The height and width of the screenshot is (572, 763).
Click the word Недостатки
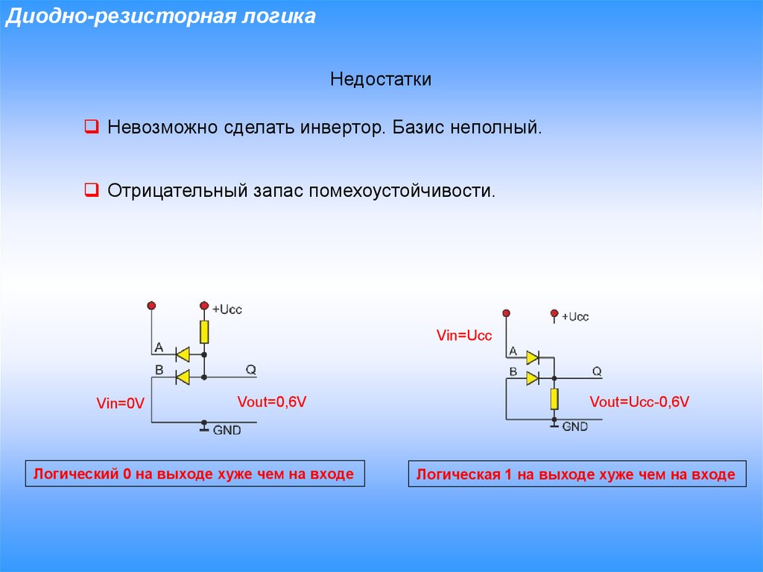[381, 79]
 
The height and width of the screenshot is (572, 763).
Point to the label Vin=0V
[119, 403]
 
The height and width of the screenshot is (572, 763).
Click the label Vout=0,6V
[272, 402]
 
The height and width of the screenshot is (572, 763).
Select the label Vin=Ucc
[464, 336]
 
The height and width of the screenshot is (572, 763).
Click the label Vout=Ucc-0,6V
[639, 402]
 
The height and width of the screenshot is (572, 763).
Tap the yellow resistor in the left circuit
[204, 331]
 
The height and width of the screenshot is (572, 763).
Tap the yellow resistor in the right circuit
[554, 399]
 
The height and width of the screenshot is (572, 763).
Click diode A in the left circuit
[181, 354]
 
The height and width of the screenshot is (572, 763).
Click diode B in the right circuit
[532, 378]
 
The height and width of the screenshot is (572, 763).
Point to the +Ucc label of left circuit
[227, 309]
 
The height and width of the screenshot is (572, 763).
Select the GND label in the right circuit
[574, 427]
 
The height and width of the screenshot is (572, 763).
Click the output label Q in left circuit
[251, 369]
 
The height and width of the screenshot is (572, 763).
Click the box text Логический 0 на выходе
[194, 474]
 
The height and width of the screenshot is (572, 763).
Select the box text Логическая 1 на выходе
[576, 474]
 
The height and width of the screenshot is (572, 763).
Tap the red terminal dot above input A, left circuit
[151, 305]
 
